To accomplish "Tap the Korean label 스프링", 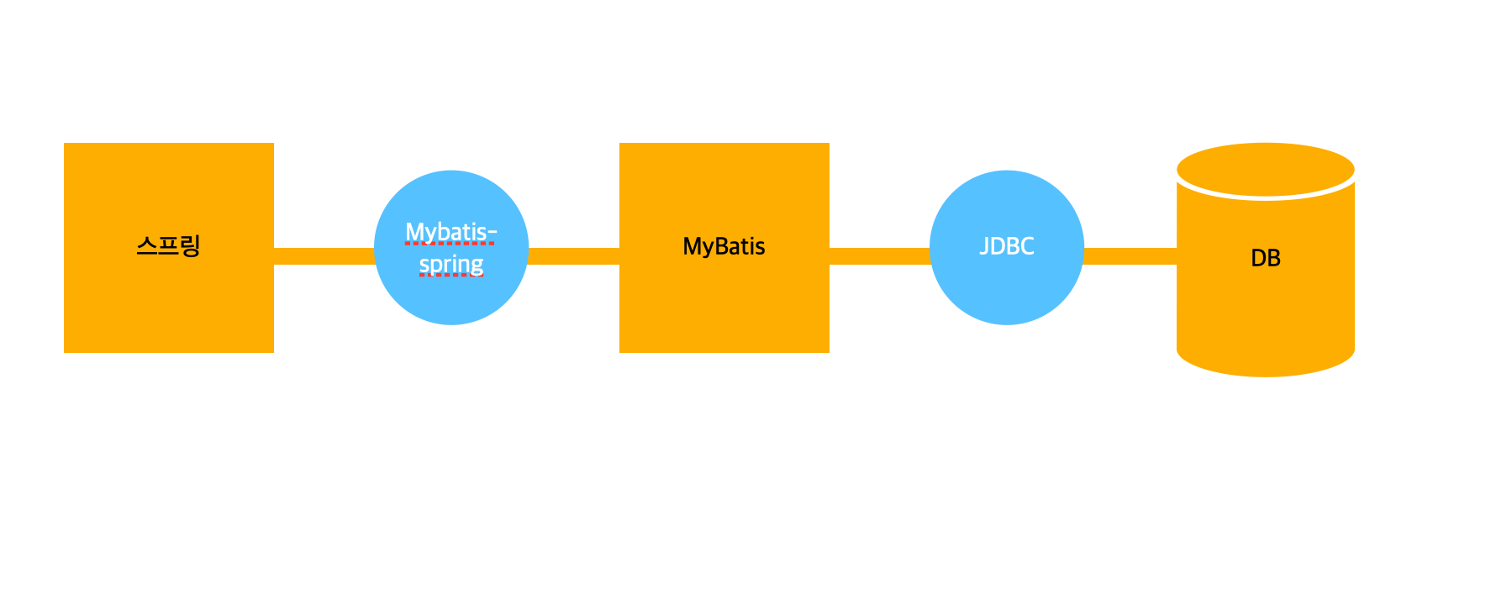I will [x=168, y=246].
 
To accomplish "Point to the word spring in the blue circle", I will [x=451, y=264].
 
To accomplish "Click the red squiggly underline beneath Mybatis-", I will [x=449, y=243].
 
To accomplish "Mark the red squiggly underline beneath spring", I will [x=451, y=275].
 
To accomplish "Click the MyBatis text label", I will [x=724, y=246].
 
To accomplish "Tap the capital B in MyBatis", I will [x=722, y=246].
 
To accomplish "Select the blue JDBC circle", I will [x=1006, y=294].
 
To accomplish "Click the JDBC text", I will [x=1006, y=246].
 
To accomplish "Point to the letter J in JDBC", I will [x=984, y=246].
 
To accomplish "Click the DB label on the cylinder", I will [x=1265, y=258].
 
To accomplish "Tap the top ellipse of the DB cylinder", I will [x=1265, y=169].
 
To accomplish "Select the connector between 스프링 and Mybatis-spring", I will [x=324, y=255].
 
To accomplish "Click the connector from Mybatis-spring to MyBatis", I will [x=573, y=255].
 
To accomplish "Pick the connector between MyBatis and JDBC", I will [x=879, y=255].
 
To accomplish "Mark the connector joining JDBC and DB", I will [x=1130, y=255].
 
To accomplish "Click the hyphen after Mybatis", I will [x=493, y=233].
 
